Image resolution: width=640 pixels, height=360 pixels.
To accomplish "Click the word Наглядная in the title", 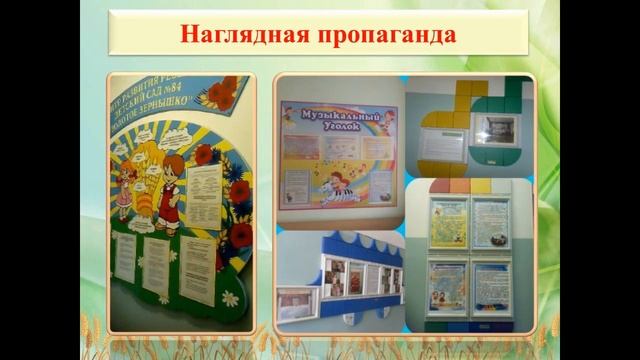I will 237,33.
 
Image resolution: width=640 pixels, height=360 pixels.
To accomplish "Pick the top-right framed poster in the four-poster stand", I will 491,222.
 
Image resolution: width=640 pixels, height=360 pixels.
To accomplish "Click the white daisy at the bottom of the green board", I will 231,299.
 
